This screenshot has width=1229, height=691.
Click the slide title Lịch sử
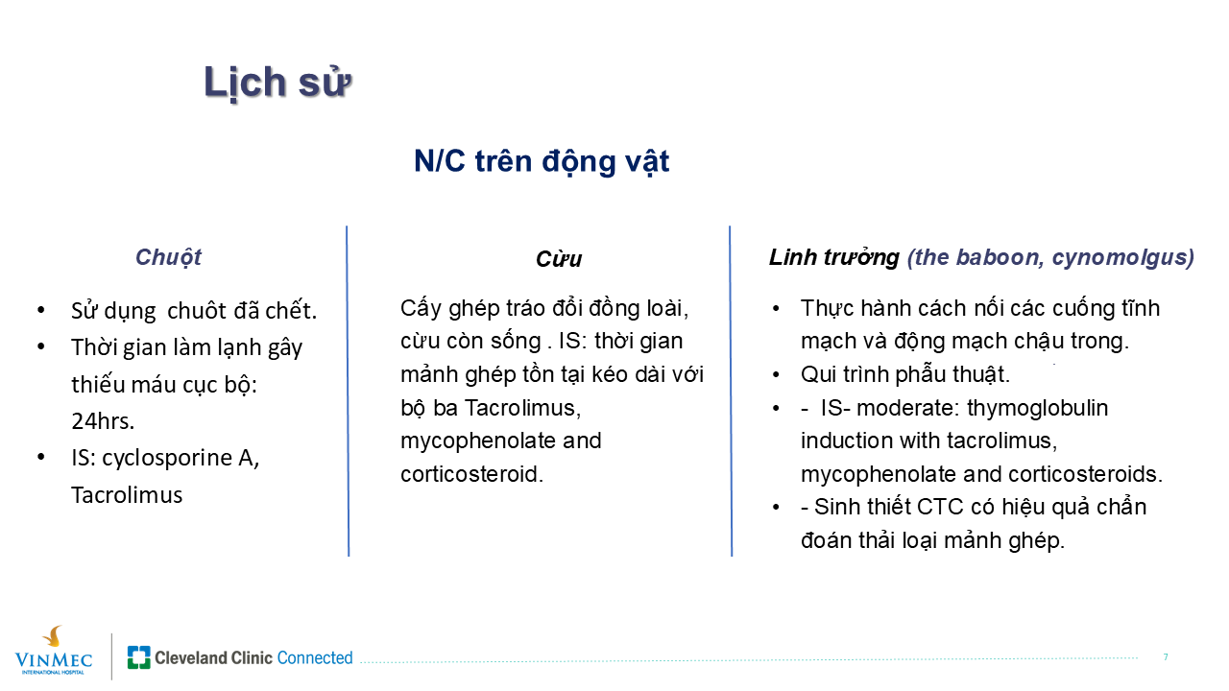[277, 83]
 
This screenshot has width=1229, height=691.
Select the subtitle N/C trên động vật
[542, 162]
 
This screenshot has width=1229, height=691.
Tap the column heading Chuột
[168, 257]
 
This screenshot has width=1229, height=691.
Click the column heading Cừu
[559, 259]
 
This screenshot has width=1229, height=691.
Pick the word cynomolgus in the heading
[1123, 258]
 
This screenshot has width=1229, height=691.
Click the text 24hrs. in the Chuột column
[103, 421]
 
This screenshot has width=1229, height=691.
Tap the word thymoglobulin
[1038, 408]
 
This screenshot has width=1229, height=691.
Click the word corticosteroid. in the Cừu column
[471, 474]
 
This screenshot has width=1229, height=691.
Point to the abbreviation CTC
[940, 507]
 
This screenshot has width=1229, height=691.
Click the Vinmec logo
[53, 651]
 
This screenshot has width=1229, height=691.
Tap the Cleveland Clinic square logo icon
[139, 657]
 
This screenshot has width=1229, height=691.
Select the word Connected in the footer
[315, 657]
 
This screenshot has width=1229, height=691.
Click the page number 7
[1166, 657]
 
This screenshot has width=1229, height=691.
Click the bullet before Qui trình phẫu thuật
[776, 375]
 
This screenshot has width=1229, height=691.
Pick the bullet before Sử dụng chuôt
[41, 310]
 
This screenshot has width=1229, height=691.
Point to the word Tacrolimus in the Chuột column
[127, 495]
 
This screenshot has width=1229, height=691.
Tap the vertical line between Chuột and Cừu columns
[348, 391]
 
